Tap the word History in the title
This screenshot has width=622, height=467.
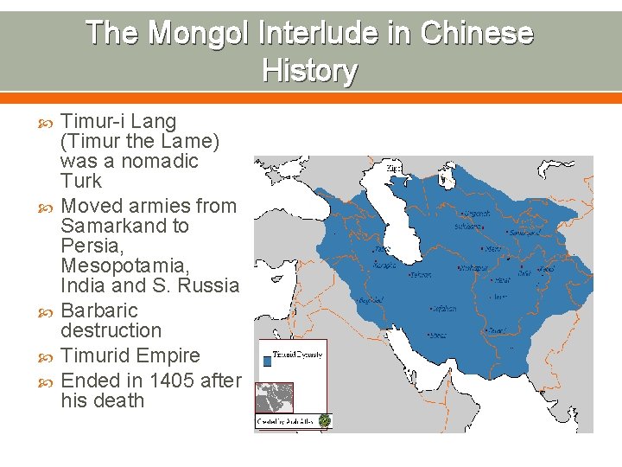tap(309, 70)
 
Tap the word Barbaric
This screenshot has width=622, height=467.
tap(99, 310)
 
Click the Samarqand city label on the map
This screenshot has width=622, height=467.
tap(524, 232)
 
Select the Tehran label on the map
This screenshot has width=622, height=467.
tap(421, 275)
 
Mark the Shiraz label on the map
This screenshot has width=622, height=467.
tap(439, 335)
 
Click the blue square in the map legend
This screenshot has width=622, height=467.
tap(268, 362)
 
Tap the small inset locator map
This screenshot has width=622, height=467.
tap(275, 398)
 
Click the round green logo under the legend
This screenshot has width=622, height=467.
tap(324, 421)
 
